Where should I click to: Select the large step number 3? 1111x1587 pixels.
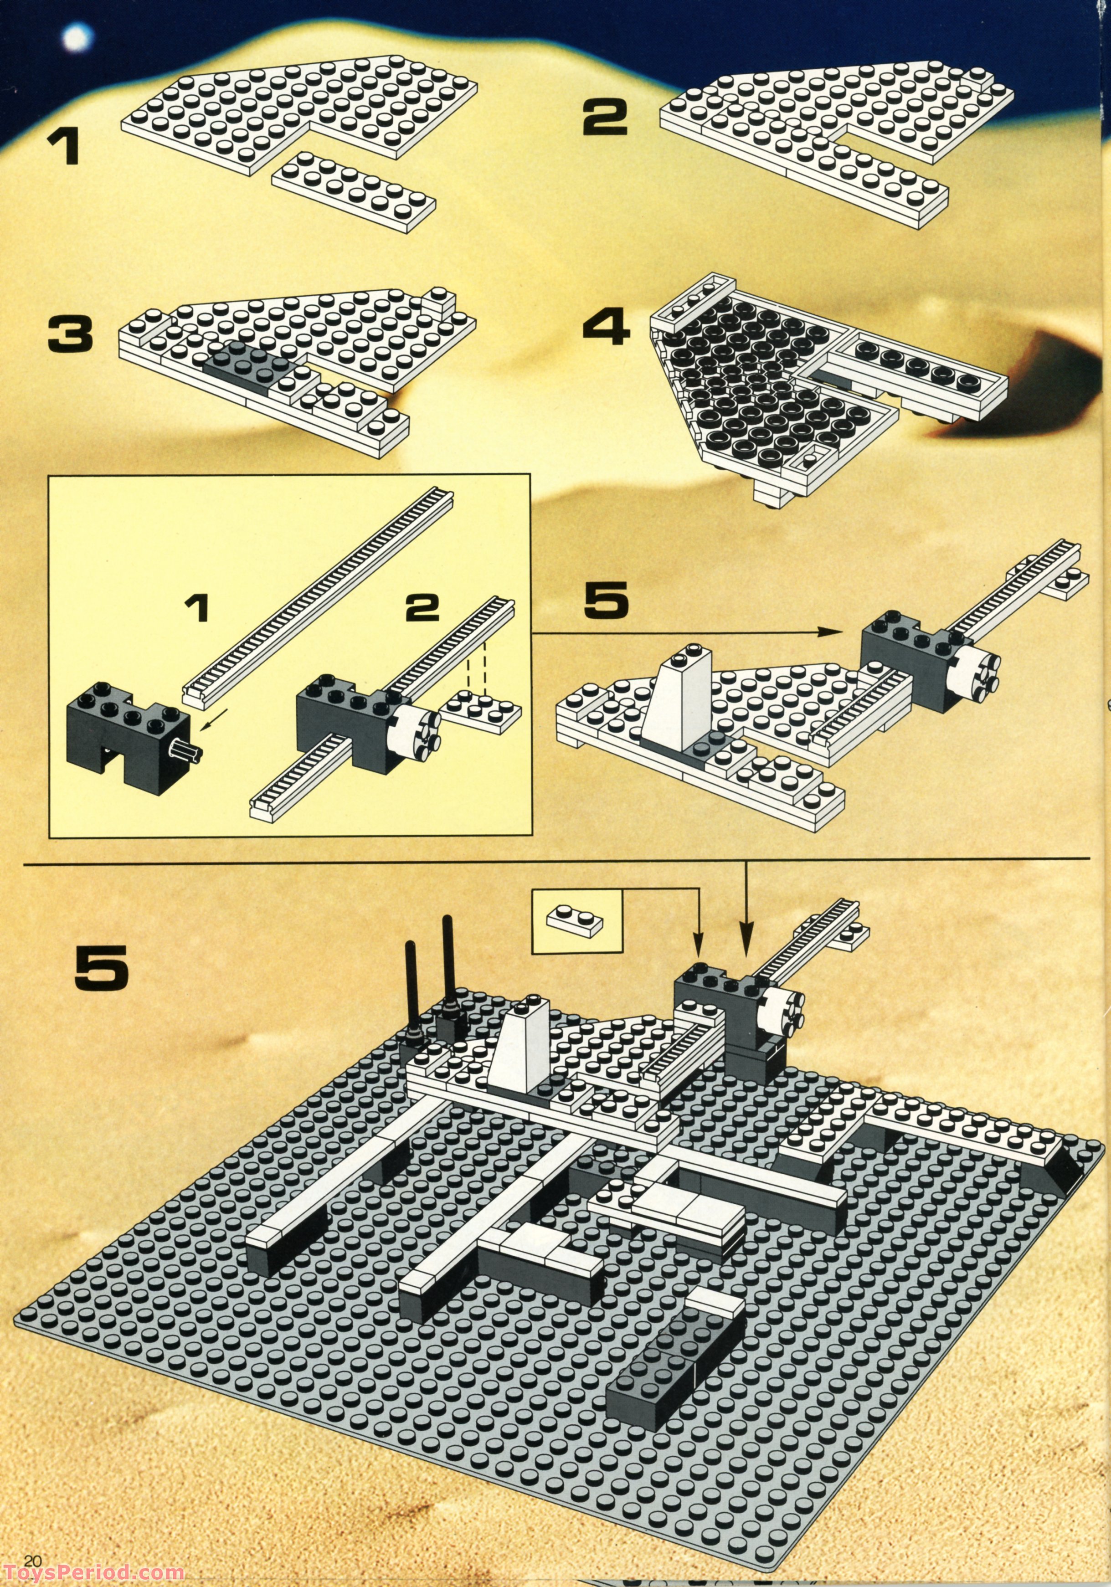click(x=70, y=334)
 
